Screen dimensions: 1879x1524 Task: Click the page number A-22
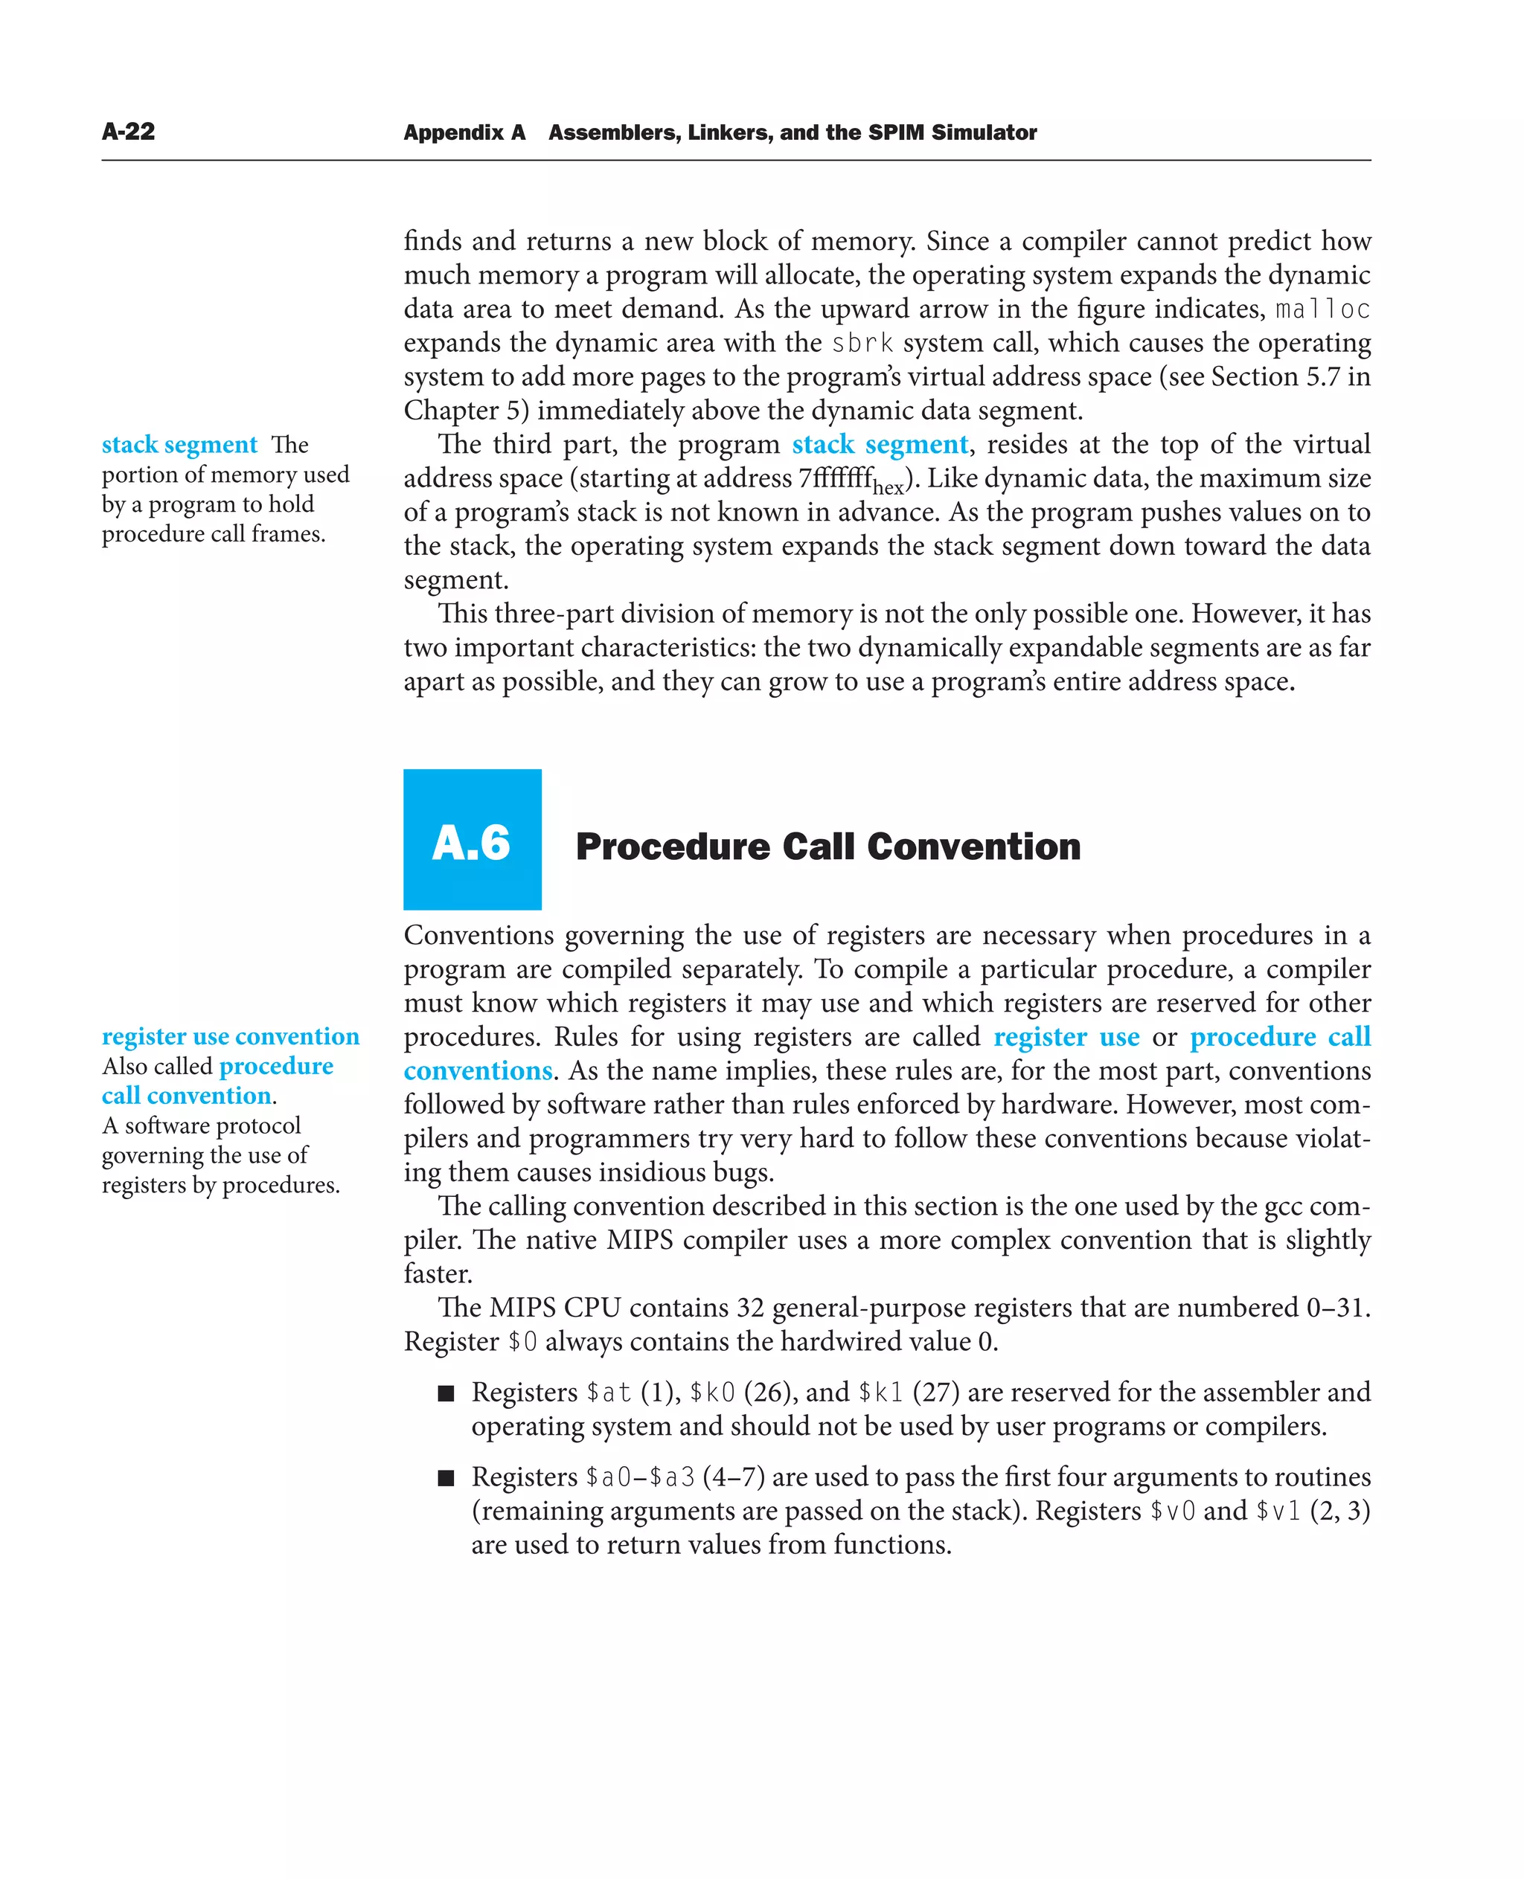[x=128, y=132]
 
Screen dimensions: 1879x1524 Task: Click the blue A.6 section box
[x=472, y=839]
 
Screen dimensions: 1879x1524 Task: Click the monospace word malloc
[x=1322, y=309]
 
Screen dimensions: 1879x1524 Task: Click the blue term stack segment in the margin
[x=179, y=445]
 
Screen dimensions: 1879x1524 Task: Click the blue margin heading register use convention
[x=230, y=1036]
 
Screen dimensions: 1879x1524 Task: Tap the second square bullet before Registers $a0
[x=446, y=1478]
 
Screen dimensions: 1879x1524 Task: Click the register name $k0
[x=712, y=1393]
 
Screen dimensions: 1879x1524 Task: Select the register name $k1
[x=880, y=1393]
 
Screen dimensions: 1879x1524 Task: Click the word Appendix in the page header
[x=453, y=132]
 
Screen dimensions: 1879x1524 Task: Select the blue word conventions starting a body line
[x=478, y=1072]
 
